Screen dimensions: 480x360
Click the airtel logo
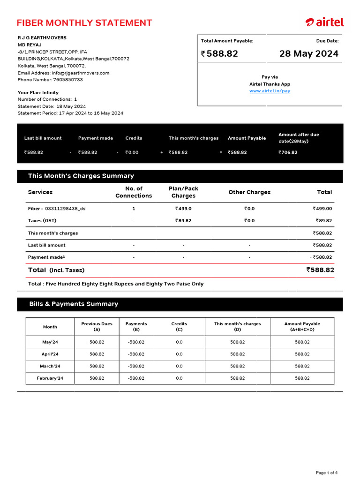[324, 22]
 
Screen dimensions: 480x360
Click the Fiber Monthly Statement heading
[84, 23]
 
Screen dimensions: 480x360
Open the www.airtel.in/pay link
[270, 91]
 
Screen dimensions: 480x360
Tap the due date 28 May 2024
[308, 54]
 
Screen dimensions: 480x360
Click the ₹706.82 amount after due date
[288, 152]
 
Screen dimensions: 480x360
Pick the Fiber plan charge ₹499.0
[183, 209]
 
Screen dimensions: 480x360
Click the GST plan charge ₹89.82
[183, 221]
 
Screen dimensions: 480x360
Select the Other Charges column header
[249, 192]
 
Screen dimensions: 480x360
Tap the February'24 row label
[50, 378]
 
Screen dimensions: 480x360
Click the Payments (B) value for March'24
[136, 366]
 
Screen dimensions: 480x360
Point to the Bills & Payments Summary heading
[74, 304]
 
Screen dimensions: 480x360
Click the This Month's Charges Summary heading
[81, 176]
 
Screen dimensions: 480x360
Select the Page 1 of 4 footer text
[326, 472]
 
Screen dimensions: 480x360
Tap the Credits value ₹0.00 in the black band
[132, 152]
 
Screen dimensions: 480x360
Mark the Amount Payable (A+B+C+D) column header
[302, 326]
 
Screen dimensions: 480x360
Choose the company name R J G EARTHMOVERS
[42, 37]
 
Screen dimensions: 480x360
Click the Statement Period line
[70, 113]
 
